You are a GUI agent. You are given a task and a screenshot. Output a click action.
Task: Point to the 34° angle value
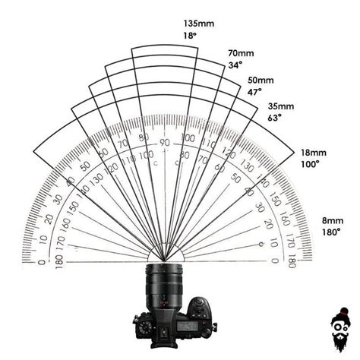point(235,65)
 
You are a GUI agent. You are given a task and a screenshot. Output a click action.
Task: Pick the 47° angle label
point(255,91)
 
